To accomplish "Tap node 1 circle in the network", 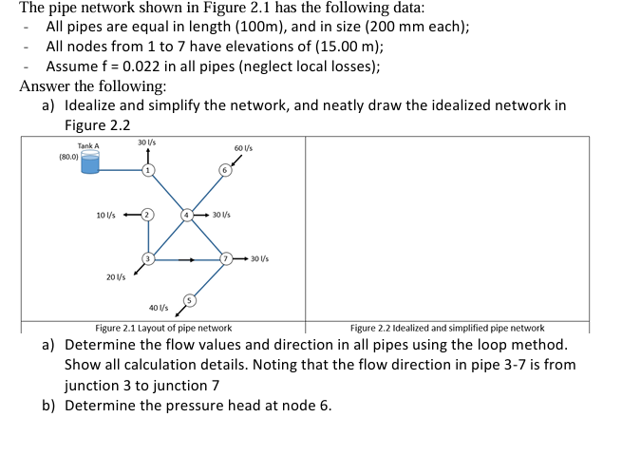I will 147,170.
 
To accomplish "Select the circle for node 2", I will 146,215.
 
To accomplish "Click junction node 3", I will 147,257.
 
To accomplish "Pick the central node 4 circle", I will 187,215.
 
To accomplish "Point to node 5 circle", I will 189,300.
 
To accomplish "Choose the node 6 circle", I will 225,170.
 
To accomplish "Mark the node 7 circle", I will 226,258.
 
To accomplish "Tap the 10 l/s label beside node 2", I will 106,215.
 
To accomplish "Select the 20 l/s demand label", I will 116,276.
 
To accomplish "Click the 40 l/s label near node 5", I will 159,308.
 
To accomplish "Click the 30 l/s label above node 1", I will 146,142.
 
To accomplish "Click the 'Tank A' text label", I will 88,145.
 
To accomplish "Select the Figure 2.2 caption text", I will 447,328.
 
